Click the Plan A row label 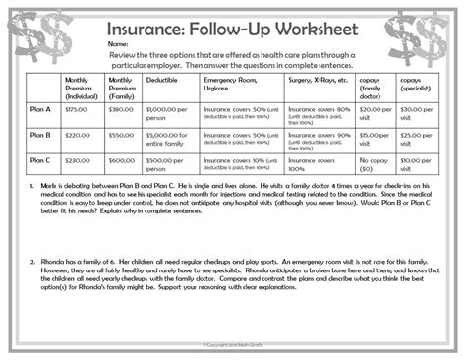(x=42, y=109)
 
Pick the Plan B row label (x=42, y=135)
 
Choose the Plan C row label (x=42, y=160)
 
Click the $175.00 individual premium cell (x=77, y=109)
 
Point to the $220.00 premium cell (x=77, y=135)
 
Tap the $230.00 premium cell (x=77, y=160)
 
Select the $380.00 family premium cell (x=120, y=109)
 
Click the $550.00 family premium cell (x=120, y=135)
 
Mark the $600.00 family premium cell (x=120, y=160)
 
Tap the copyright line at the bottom (x=233, y=344)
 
